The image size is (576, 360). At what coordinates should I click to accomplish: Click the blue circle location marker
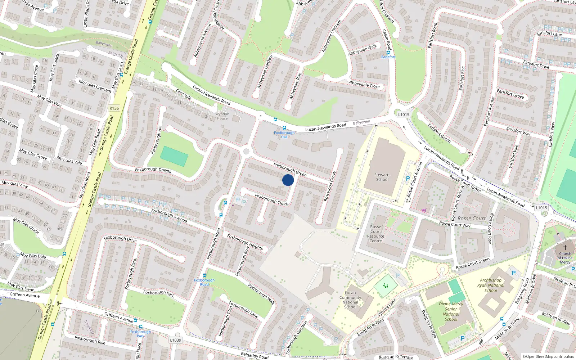tap(288, 180)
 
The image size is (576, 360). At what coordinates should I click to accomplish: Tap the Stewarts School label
tap(382, 177)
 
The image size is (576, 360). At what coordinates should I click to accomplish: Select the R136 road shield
tap(114, 108)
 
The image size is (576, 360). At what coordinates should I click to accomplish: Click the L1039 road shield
tap(176, 340)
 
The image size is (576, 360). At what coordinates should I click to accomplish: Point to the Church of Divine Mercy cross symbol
tap(565, 248)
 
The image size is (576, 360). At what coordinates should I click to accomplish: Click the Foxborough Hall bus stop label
tap(284, 135)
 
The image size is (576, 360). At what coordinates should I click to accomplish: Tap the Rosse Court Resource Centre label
tap(375, 234)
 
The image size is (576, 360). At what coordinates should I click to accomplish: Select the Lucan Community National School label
tap(350, 300)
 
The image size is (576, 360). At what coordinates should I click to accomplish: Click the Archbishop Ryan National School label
tap(491, 285)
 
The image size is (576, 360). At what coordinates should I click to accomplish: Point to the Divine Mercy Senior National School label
tap(451, 311)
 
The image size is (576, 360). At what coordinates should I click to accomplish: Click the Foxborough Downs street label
tap(153, 170)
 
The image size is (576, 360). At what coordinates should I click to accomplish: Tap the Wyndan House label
tap(222, 116)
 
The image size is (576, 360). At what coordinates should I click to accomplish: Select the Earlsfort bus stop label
tap(388, 57)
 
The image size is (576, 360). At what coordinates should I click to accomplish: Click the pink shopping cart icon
tap(424, 210)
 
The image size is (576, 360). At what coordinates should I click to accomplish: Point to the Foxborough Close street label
tap(271, 199)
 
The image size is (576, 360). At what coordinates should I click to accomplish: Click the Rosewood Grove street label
tap(329, 186)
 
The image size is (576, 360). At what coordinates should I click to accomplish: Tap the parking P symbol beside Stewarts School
tap(408, 179)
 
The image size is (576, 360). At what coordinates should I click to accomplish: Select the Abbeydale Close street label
tap(364, 84)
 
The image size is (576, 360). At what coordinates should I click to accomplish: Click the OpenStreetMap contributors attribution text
tap(548, 356)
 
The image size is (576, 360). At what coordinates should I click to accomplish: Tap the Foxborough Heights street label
tap(245, 242)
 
